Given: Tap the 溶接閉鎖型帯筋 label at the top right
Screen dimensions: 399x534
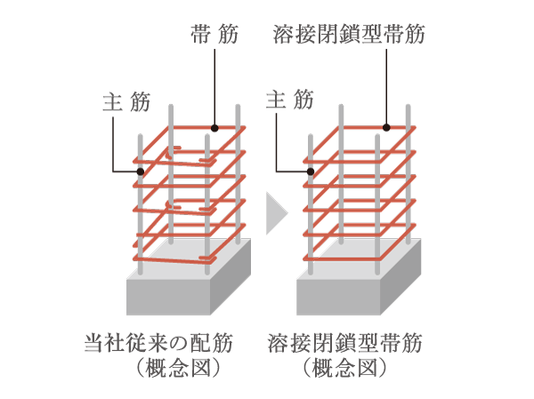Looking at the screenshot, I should [x=348, y=35].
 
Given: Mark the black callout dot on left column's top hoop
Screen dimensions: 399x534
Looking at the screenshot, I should [x=214, y=127].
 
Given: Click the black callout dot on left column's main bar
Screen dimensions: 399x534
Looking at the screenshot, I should [x=141, y=171].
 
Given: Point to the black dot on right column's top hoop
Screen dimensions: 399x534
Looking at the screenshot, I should [x=387, y=127].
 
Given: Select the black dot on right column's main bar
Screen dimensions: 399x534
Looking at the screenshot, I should [x=310, y=171].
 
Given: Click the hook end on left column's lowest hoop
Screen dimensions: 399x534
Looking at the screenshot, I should [x=206, y=259].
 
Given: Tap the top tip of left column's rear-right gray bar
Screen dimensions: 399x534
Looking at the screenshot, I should [x=239, y=108].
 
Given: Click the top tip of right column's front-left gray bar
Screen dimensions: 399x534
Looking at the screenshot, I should [x=310, y=137].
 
